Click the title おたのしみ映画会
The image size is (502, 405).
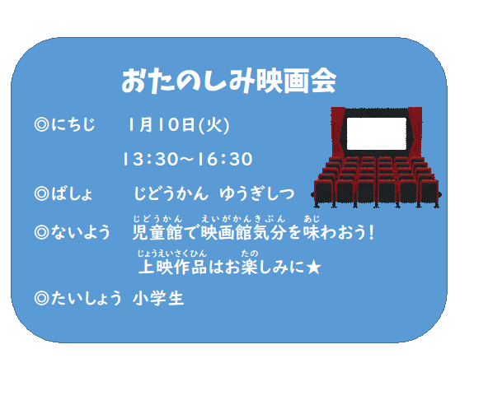(x=229, y=81)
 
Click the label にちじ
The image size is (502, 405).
(x=73, y=124)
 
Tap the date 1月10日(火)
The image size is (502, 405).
(x=178, y=125)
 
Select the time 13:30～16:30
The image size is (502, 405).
(x=188, y=159)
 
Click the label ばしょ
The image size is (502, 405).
(x=73, y=193)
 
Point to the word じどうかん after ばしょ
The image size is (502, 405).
(x=171, y=193)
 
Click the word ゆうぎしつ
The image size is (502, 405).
(x=256, y=193)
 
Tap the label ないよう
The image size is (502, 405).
(x=80, y=232)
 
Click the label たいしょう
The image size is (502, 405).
(x=86, y=298)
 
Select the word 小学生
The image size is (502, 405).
(x=158, y=298)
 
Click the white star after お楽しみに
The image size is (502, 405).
(x=313, y=268)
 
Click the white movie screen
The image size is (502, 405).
(x=377, y=133)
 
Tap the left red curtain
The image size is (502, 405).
(x=338, y=132)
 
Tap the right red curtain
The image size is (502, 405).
(x=415, y=132)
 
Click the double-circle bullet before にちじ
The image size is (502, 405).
(x=41, y=124)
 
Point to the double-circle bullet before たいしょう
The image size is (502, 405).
(x=41, y=298)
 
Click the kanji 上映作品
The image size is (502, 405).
(x=173, y=268)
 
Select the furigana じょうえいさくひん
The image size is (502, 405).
(x=172, y=254)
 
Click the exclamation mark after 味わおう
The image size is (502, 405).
(x=372, y=232)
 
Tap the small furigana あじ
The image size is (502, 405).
(x=312, y=219)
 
